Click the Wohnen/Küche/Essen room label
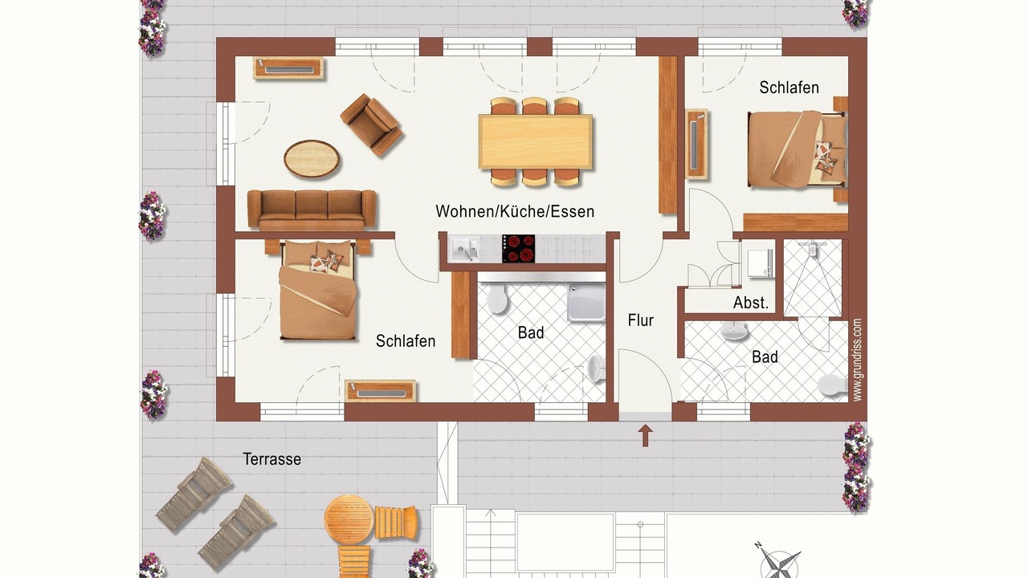click(515, 211)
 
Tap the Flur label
click(641, 320)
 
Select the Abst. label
click(751, 303)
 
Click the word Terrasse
click(272, 459)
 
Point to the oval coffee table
click(312, 159)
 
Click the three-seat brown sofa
click(312, 210)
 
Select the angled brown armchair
click(371, 124)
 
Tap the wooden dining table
click(535, 142)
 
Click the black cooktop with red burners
click(518, 248)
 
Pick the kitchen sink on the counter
click(464, 250)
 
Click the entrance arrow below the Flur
click(645, 435)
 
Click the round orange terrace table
click(349, 519)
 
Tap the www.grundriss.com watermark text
click(857, 360)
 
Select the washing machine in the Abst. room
click(760, 263)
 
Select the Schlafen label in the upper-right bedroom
click(789, 88)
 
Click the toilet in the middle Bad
click(496, 298)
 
